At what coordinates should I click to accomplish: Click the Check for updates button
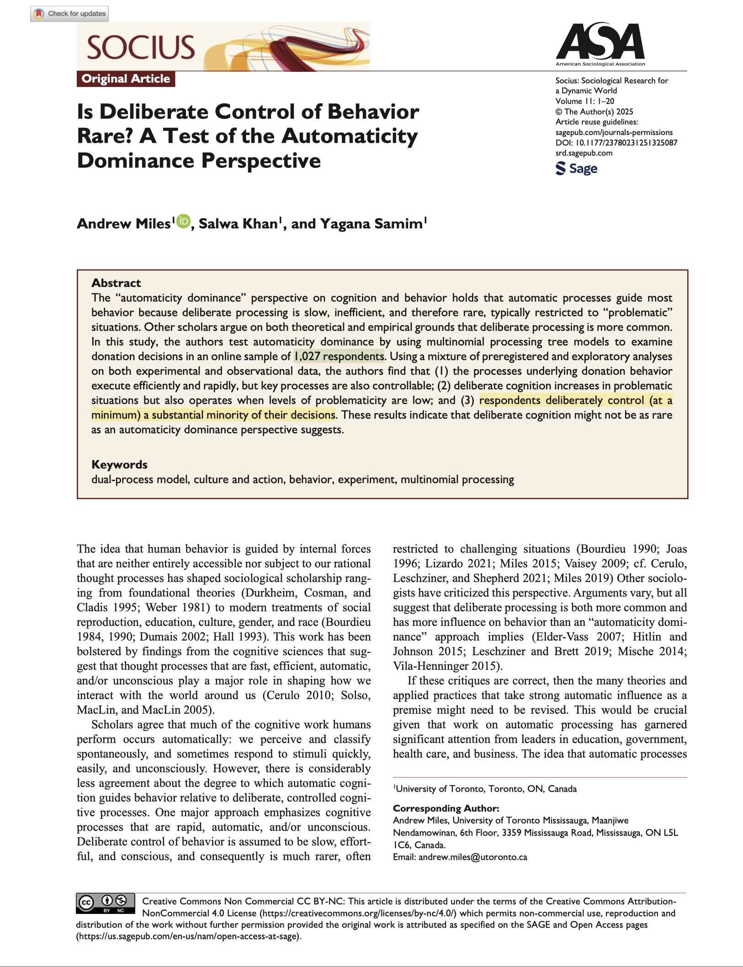point(70,14)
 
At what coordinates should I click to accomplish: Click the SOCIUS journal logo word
point(141,48)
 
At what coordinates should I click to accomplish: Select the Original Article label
point(126,79)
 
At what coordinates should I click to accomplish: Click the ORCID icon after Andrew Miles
point(183,221)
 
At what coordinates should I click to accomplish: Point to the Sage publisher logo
point(576,168)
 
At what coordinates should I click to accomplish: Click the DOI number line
point(616,143)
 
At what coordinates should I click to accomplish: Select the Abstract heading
point(116,283)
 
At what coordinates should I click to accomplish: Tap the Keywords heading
point(119,464)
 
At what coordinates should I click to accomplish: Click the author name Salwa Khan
point(238,224)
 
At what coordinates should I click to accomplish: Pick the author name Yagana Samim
point(371,224)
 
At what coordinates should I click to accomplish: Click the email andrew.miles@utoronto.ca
point(472,857)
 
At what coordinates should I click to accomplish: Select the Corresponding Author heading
point(446,808)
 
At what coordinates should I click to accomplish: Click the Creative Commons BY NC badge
point(106,903)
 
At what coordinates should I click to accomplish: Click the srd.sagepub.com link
point(584,153)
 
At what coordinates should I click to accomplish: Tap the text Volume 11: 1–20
point(584,101)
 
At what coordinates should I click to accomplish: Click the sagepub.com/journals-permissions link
point(614,132)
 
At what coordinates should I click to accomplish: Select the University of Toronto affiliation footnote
point(486,789)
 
